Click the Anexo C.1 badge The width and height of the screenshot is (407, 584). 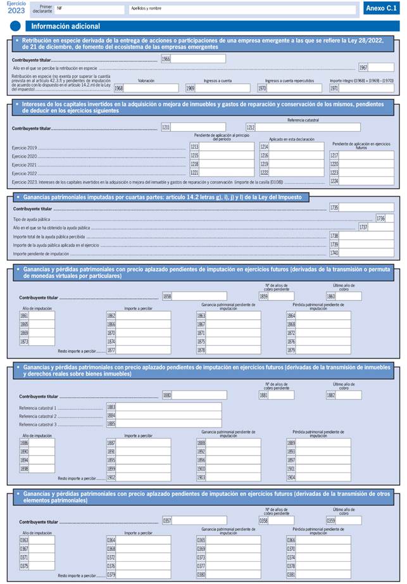(x=382, y=9)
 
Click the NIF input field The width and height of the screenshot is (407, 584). (x=89, y=10)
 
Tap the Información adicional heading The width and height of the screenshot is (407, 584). (x=65, y=27)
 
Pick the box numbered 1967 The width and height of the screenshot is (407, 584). (x=380, y=68)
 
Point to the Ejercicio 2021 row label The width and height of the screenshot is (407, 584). (x=24, y=164)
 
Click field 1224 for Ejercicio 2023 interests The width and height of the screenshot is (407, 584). (x=366, y=181)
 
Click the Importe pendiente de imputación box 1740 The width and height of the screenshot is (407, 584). (x=366, y=253)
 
